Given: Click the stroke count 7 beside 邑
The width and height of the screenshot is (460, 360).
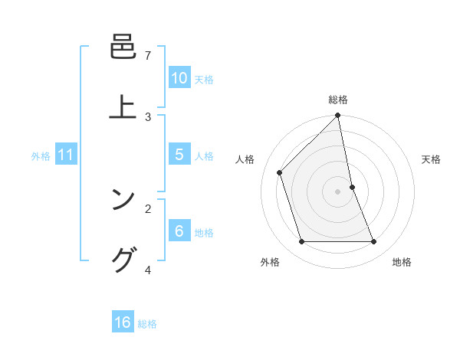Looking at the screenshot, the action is (148, 55).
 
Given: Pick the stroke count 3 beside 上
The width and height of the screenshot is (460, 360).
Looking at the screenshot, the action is (148, 116).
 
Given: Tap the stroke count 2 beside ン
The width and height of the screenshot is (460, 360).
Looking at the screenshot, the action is (148, 208).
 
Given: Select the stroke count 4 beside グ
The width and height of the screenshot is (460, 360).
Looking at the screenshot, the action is (148, 270).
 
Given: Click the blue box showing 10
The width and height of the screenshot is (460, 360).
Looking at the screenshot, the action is (179, 78).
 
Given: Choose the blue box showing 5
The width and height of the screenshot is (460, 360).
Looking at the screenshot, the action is (179, 155).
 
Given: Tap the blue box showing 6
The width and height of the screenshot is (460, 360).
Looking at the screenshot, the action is (179, 231).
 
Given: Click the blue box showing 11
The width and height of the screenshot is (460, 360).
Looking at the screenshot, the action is (66, 155).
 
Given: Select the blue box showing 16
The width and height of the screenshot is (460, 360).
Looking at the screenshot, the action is (123, 322).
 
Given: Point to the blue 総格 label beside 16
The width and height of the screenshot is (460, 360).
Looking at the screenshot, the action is (147, 324).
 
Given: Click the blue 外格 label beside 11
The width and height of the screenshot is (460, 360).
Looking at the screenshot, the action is (41, 156).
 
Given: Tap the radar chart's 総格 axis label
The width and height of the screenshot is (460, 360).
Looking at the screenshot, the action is (338, 100).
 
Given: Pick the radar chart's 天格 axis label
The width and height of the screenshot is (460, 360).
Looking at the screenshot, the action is (431, 159).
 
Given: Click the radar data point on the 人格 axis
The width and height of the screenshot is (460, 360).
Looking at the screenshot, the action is (280, 172).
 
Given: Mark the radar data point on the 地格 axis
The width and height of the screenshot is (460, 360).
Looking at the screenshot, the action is (374, 242).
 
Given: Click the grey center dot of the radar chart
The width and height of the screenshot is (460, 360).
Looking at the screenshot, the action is (338, 191).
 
